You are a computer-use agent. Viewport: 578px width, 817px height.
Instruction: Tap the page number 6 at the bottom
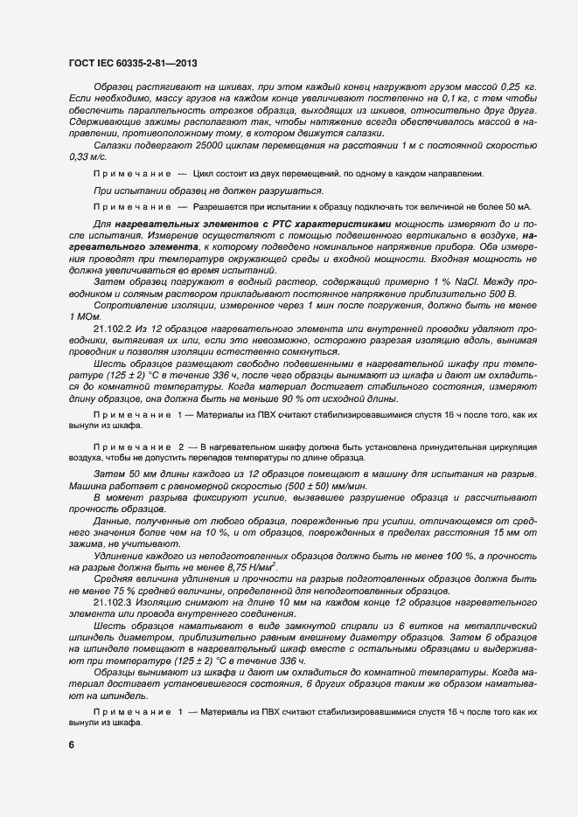click(x=71, y=744)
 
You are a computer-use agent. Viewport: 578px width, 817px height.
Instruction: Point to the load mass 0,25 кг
click(x=516, y=88)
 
